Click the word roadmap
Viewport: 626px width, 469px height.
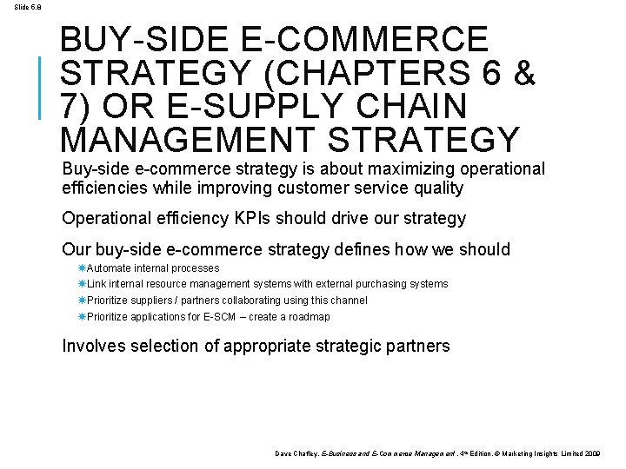click(310, 317)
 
